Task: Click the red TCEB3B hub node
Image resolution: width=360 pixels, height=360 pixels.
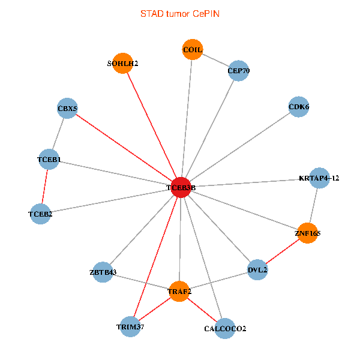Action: (181, 187)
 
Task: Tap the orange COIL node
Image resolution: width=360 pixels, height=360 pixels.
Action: (192, 49)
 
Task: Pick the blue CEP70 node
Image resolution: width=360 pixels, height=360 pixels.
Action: (238, 71)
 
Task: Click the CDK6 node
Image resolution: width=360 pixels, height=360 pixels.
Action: (298, 107)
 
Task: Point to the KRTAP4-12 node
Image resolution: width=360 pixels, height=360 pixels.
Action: (319, 178)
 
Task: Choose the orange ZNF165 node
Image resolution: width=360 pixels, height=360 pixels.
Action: (307, 233)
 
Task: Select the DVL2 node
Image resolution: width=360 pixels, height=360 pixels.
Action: (257, 269)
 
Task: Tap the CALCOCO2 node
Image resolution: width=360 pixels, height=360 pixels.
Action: (224, 328)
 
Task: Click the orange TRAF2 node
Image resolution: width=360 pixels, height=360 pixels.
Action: (179, 292)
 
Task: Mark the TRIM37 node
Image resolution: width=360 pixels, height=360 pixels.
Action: (130, 326)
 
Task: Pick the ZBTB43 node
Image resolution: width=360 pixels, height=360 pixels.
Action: (103, 272)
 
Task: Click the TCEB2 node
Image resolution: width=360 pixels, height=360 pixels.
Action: (40, 214)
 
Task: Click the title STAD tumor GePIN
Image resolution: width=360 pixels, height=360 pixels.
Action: (180, 13)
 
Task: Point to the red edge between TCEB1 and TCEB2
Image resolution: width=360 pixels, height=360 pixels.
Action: (44, 187)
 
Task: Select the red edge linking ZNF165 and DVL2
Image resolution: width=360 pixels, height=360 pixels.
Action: (282, 251)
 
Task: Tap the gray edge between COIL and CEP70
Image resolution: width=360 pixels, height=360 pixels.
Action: (215, 60)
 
